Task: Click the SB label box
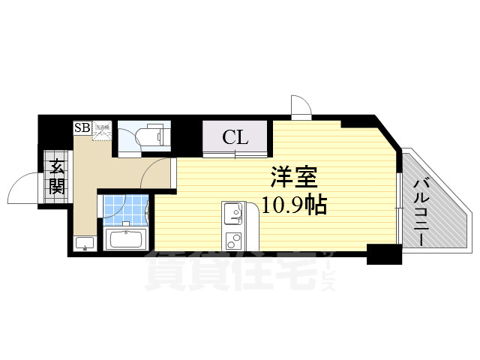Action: click(81, 128)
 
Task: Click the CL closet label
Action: click(235, 137)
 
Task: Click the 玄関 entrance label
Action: click(56, 177)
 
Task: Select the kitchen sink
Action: click(232, 214)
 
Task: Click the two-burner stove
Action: click(232, 241)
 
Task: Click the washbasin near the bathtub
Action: click(84, 243)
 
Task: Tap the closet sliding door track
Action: click(235, 154)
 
